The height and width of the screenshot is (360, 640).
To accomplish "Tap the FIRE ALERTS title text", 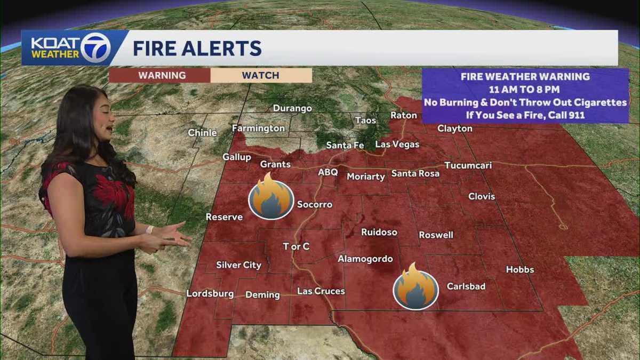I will pos(197,48).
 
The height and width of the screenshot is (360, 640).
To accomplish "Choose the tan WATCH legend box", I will pos(261,75).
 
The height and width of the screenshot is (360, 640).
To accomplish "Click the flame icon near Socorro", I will pos(271,196).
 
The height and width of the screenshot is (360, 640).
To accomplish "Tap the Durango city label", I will pos(292,108).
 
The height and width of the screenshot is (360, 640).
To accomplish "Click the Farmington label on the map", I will pos(258,129).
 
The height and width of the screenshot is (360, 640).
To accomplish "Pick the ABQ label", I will pos(328,172).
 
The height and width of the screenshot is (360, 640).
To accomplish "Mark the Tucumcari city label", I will pos(468,165).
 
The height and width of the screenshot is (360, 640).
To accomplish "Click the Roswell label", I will pos(436,235).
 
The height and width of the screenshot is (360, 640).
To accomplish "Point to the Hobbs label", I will pos(519,269).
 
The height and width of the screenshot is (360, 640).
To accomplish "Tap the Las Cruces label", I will pos(321,291).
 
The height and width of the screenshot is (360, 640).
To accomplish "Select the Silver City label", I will pos(238,265).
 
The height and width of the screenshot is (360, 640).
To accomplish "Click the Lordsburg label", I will pos(210,294).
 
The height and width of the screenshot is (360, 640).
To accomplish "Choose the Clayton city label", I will pos(454,129).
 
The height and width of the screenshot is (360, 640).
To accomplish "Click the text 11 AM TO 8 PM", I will pos(525,89).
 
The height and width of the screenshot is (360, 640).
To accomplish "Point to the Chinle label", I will pos(202,133).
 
